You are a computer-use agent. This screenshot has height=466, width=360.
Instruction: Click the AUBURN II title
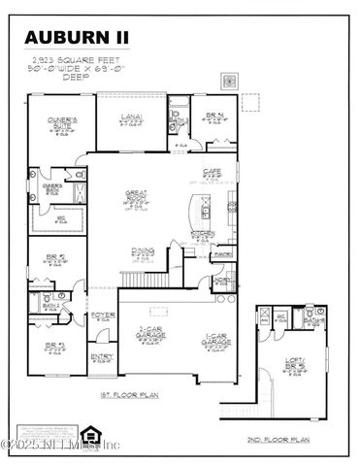point(77,37)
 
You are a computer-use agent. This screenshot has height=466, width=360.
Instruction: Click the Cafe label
point(210,172)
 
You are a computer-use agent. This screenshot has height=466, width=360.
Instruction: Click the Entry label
point(102,356)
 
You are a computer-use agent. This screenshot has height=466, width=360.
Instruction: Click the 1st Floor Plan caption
point(128,396)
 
